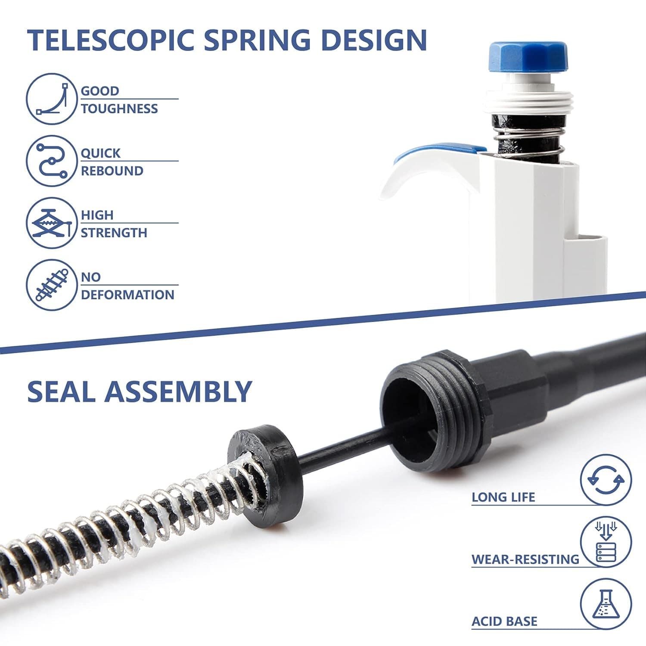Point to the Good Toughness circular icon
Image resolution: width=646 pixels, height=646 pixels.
51,99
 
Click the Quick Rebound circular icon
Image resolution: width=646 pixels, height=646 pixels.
51,161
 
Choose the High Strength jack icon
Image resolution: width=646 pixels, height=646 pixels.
51,223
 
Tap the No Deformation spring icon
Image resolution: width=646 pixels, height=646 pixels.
51,285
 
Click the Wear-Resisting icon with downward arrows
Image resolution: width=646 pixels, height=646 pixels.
606,542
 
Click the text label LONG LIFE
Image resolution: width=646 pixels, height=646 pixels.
503,497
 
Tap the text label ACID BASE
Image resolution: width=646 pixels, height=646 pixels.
504,621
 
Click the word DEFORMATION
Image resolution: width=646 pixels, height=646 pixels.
127,295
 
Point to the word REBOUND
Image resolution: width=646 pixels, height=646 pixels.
112,171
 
